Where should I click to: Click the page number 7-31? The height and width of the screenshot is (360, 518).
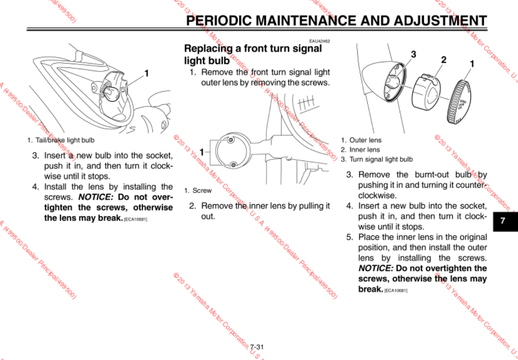pos(257,347)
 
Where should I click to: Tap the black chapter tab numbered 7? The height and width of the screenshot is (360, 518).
pos(502,220)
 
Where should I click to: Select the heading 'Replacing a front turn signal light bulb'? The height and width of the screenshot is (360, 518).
pos(253,54)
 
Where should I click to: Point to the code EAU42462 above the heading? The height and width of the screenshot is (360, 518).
pos(319,41)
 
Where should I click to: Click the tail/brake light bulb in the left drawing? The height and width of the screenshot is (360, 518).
pos(113,92)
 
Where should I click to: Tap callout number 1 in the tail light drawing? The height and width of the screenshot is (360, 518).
pos(147,73)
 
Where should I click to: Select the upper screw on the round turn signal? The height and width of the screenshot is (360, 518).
pos(230,140)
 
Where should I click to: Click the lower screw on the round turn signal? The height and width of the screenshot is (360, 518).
pos(233,164)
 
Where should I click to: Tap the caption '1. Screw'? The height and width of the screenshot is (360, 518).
pos(198,190)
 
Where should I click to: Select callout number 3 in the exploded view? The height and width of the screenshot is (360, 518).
pos(414,55)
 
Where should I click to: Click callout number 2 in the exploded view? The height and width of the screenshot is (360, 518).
pos(444,60)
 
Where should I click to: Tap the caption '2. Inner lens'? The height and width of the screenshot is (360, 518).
pos(360,150)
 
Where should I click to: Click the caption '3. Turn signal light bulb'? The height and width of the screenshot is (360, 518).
pos(376,159)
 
